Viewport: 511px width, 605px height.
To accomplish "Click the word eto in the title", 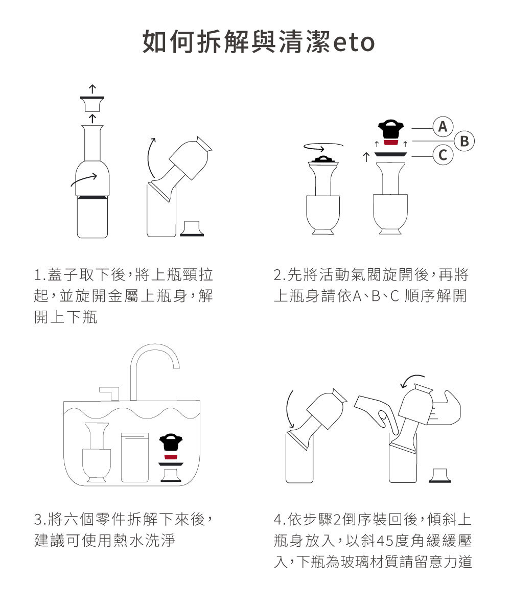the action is (x=354, y=42).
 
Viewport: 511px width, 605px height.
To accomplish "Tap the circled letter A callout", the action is (x=443, y=126).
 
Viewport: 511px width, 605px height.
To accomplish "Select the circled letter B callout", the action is (x=464, y=141).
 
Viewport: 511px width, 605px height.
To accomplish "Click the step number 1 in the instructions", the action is (x=38, y=275).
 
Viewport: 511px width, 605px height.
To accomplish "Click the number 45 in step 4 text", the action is (x=385, y=541).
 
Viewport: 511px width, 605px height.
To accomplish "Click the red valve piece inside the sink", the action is (x=171, y=457).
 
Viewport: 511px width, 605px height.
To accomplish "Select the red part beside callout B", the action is (x=390, y=143).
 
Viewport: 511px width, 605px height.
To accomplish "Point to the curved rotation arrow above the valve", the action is (x=323, y=146).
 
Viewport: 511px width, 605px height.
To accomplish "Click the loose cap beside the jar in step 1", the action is (x=192, y=228).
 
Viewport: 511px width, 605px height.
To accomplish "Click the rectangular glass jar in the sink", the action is (x=135, y=457).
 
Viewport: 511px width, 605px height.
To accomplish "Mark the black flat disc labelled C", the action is (x=390, y=154).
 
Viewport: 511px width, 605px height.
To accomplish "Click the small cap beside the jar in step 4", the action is (x=440, y=475).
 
